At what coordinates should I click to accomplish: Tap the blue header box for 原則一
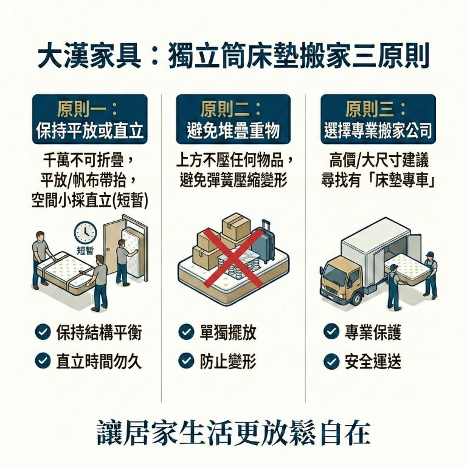[x=91, y=119]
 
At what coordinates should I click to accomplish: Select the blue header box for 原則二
[x=233, y=119]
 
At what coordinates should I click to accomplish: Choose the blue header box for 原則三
[x=378, y=119]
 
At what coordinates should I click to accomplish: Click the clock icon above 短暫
[x=86, y=232]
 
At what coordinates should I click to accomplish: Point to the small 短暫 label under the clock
[x=86, y=249]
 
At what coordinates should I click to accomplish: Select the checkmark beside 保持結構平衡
[x=43, y=332]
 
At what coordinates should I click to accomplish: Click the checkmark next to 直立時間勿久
[x=43, y=361]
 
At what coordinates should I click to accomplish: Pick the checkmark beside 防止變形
[x=186, y=361]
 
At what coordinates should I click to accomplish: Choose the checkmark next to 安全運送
[x=331, y=361]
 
